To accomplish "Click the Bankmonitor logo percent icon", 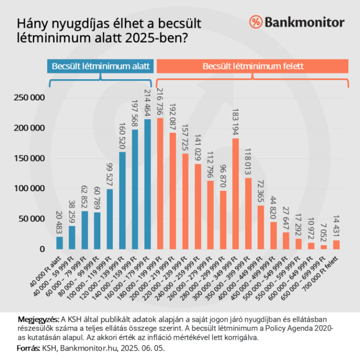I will tap(255, 22).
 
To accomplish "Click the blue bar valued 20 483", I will tap(60, 243).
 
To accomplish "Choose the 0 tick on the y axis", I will tap(41, 249).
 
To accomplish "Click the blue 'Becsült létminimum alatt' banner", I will tap(100, 67).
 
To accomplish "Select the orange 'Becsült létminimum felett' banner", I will tap(253, 67).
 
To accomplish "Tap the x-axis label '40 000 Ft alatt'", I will tap(50, 266).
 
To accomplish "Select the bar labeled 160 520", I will tap(122, 200).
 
